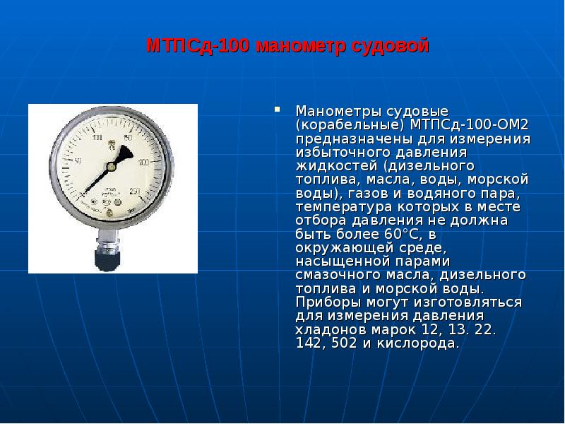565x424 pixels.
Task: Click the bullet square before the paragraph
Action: click(x=278, y=110)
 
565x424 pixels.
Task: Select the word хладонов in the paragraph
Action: click(x=329, y=330)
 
